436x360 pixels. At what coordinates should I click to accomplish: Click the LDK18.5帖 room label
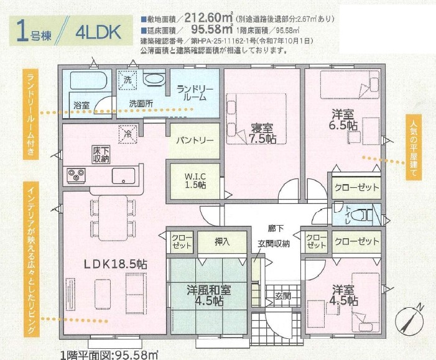click(116, 264)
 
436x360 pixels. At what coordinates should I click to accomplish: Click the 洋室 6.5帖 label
click(344, 119)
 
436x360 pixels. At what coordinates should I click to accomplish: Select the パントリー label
click(194, 141)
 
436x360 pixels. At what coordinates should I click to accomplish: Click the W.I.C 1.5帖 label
click(195, 180)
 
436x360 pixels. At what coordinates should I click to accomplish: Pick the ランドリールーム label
click(195, 93)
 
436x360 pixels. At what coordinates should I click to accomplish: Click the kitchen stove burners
click(77, 175)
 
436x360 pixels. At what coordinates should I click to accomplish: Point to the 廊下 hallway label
click(275, 228)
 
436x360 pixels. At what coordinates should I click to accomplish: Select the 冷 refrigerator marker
click(128, 133)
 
